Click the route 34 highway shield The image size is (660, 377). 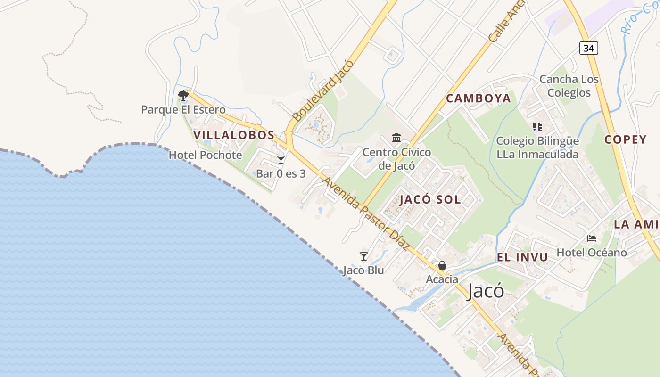pyautogui.click(x=588, y=48)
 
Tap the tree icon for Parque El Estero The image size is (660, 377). pyautogui.click(x=183, y=96)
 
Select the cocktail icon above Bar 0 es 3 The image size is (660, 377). pyautogui.click(x=281, y=160)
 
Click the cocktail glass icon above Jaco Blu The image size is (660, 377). pyautogui.click(x=363, y=256)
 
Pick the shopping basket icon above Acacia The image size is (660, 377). pyautogui.click(x=442, y=266)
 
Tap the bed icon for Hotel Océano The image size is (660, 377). pyautogui.click(x=592, y=238)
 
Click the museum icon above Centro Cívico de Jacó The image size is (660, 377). pyautogui.click(x=396, y=138)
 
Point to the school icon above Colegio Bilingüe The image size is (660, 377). pyautogui.click(x=537, y=127)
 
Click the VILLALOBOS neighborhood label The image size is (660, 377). pyautogui.click(x=234, y=135)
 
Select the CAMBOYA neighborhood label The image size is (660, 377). pyautogui.click(x=478, y=98)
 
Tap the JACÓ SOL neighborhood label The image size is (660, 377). pyautogui.click(x=430, y=199)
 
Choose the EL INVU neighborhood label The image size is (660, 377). pyautogui.click(x=522, y=257)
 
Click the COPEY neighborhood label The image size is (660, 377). pyautogui.click(x=626, y=139)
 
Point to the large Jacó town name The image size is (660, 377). pyautogui.click(x=485, y=291)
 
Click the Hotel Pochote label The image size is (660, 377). pyautogui.click(x=205, y=155)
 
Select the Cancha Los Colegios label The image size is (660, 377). pyautogui.click(x=569, y=86)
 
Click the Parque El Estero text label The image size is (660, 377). pyautogui.click(x=183, y=110)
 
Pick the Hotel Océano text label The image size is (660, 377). pyautogui.click(x=592, y=253)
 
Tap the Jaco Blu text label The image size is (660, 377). pyautogui.click(x=363, y=270)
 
